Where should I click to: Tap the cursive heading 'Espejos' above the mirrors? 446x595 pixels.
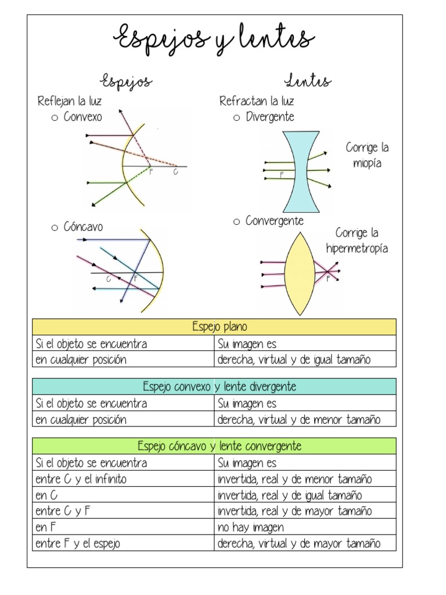[127, 81]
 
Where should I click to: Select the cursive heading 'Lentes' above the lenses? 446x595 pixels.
[308, 81]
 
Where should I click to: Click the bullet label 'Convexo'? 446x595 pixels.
[82, 117]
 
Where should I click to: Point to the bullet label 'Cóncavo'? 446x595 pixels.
[83, 227]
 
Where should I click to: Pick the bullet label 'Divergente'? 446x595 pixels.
[270, 117]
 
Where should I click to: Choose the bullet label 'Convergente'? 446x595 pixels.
[274, 221]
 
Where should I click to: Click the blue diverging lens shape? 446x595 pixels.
[301, 171]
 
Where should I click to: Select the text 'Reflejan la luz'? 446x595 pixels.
[69, 102]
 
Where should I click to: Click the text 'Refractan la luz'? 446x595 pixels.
[256, 102]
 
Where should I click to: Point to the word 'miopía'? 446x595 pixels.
[367, 163]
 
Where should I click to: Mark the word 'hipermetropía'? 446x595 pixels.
[357, 249]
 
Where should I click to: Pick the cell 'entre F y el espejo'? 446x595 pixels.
[78, 544]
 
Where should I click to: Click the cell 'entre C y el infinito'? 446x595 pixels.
[81, 479]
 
